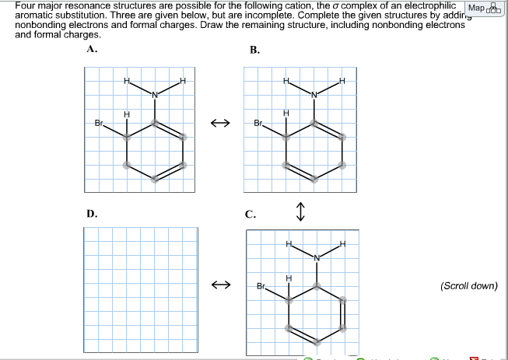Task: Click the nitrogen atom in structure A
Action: (154, 95)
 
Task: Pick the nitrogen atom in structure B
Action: (314, 95)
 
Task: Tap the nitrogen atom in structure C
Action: (317, 258)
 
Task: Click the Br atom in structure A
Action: (99, 123)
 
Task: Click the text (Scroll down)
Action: (468, 285)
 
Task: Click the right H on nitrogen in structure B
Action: (341, 82)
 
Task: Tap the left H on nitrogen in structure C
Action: (289, 246)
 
